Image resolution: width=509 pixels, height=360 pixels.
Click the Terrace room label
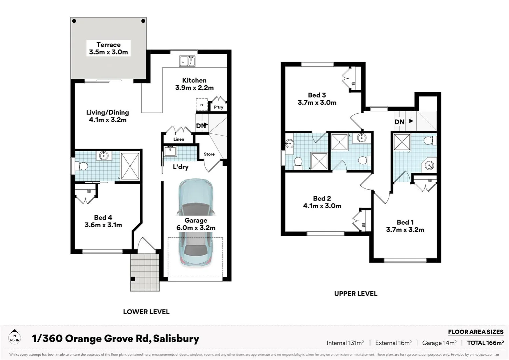tap(108, 45)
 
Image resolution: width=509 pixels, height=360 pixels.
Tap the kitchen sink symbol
tap(187, 61)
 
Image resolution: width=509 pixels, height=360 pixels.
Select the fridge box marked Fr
tap(202, 105)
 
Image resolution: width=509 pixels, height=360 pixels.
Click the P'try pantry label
tap(219, 107)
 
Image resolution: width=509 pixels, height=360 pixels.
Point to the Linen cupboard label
tap(179, 139)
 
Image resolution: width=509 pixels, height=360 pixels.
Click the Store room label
tap(209, 154)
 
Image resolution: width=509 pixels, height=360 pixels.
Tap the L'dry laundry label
tap(181, 167)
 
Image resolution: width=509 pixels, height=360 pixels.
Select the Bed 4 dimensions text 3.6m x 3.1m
tap(103, 225)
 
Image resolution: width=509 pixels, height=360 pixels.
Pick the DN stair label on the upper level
tap(399, 122)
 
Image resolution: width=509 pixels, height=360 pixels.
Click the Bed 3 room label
tap(317, 95)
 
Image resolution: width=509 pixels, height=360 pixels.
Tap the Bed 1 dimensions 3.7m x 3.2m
tap(405, 230)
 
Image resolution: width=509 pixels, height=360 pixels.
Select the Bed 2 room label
tap(322, 198)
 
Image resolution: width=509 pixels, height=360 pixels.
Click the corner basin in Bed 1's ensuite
tap(429, 165)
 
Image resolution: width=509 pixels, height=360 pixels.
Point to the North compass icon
tap(14, 336)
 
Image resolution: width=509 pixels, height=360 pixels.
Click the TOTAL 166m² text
tap(485, 343)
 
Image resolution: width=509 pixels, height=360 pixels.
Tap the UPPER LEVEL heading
tap(356, 294)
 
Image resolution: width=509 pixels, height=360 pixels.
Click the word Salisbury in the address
tap(176, 339)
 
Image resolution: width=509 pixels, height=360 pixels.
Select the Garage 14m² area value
tap(439, 343)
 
